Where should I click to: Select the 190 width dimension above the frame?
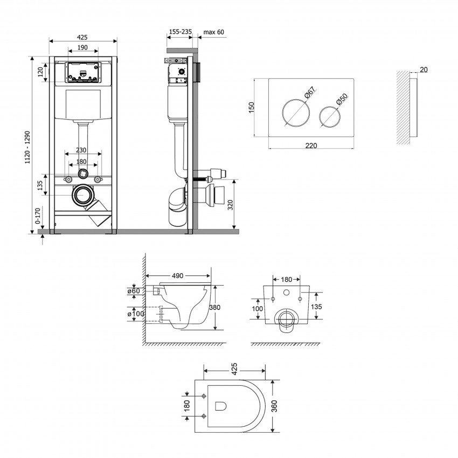[x=82, y=48]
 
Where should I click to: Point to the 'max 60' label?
[x=214, y=32]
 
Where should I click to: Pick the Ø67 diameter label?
[x=311, y=96]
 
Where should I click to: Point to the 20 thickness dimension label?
[x=424, y=70]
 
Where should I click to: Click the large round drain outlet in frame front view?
[x=82, y=195]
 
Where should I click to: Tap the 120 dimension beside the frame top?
[x=41, y=72]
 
